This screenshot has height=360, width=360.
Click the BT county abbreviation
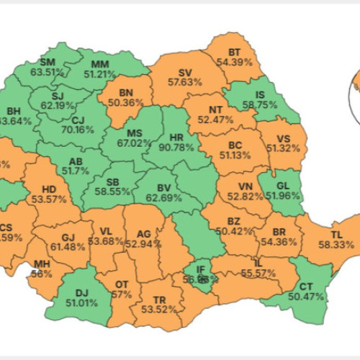coord(235,53)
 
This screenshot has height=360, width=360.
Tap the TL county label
coord(336,234)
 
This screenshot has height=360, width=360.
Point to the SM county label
coord(48,61)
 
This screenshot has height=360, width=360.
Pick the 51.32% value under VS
coord(287,148)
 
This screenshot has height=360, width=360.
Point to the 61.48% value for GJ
coord(68,247)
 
